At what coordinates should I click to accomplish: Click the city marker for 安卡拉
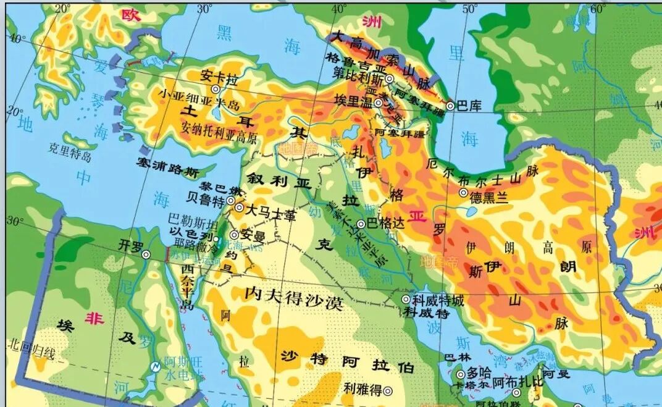(x=216, y=90)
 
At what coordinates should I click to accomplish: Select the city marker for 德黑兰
(x=463, y=193)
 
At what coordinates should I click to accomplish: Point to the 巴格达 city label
(x=386, y=224)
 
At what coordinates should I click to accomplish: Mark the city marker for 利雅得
(x=388, y=390)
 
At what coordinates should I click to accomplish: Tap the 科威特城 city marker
(x=406, y=300)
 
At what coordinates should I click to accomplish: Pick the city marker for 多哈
(x=460, y=374)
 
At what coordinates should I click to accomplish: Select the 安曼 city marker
(x=234, y=235)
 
